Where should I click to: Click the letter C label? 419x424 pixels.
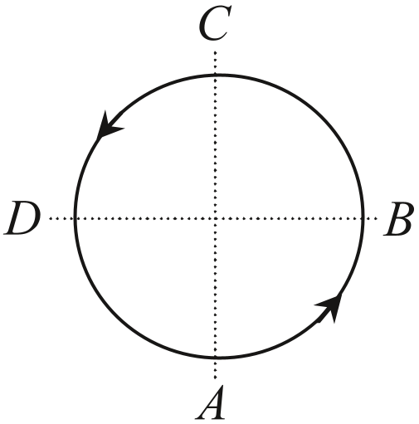point(215,23)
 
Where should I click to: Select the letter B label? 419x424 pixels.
point(398,218)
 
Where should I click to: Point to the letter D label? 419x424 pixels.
point(22,218)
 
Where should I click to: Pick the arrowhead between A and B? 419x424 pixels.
point(330,307)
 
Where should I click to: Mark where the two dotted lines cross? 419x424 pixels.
point(216,218)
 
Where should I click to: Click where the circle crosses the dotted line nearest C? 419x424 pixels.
point(216,75)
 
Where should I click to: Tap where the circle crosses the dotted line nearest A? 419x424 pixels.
point(216,358)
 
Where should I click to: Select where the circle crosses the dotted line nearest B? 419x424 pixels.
point(363,218)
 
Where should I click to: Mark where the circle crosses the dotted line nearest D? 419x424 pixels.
point(75,218)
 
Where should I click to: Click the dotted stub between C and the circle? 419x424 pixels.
point(216,62)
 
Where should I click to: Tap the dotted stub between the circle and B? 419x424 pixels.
point(371,218)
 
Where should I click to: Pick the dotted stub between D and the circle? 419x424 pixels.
point(61,218)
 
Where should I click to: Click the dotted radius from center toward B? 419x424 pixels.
point(289,218)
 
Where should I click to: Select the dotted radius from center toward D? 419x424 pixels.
point(145,218)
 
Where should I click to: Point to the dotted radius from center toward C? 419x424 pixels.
point(216,147)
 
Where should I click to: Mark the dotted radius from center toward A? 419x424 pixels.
point(216,288)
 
